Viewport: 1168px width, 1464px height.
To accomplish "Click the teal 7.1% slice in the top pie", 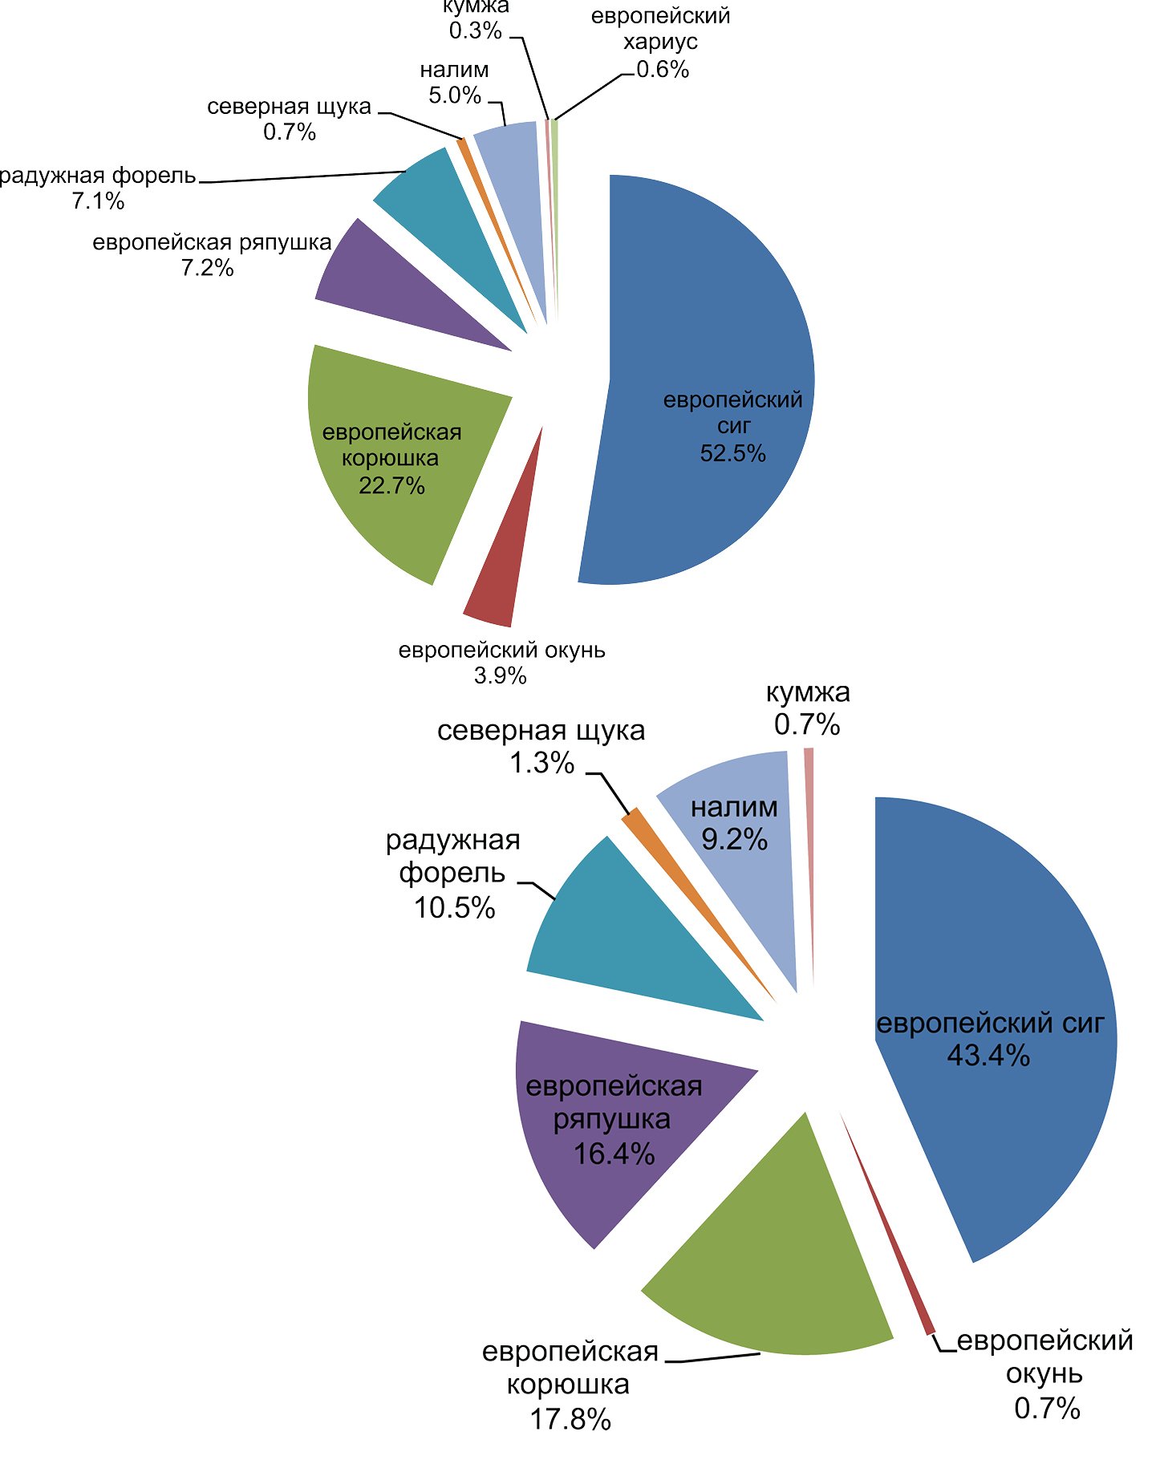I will [x=449, y=217].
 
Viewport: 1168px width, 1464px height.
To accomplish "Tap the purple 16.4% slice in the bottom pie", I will [x=610, y=1171].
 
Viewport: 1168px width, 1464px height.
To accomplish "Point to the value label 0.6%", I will [x=663, y=70].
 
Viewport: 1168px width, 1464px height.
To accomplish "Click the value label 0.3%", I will [x=476, y=31].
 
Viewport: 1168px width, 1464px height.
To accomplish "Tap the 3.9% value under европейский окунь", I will [x=501, y=676].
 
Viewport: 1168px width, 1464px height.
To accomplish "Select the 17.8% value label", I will [x=570, y=1419].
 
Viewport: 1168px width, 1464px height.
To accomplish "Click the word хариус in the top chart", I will [x=660, y=43].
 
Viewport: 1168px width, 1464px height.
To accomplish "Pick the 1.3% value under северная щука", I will [x=542, y=763].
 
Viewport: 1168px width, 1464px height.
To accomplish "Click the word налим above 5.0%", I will [x=454, y=70].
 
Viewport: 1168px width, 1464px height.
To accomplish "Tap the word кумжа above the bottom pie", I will [x=808, y=691].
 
